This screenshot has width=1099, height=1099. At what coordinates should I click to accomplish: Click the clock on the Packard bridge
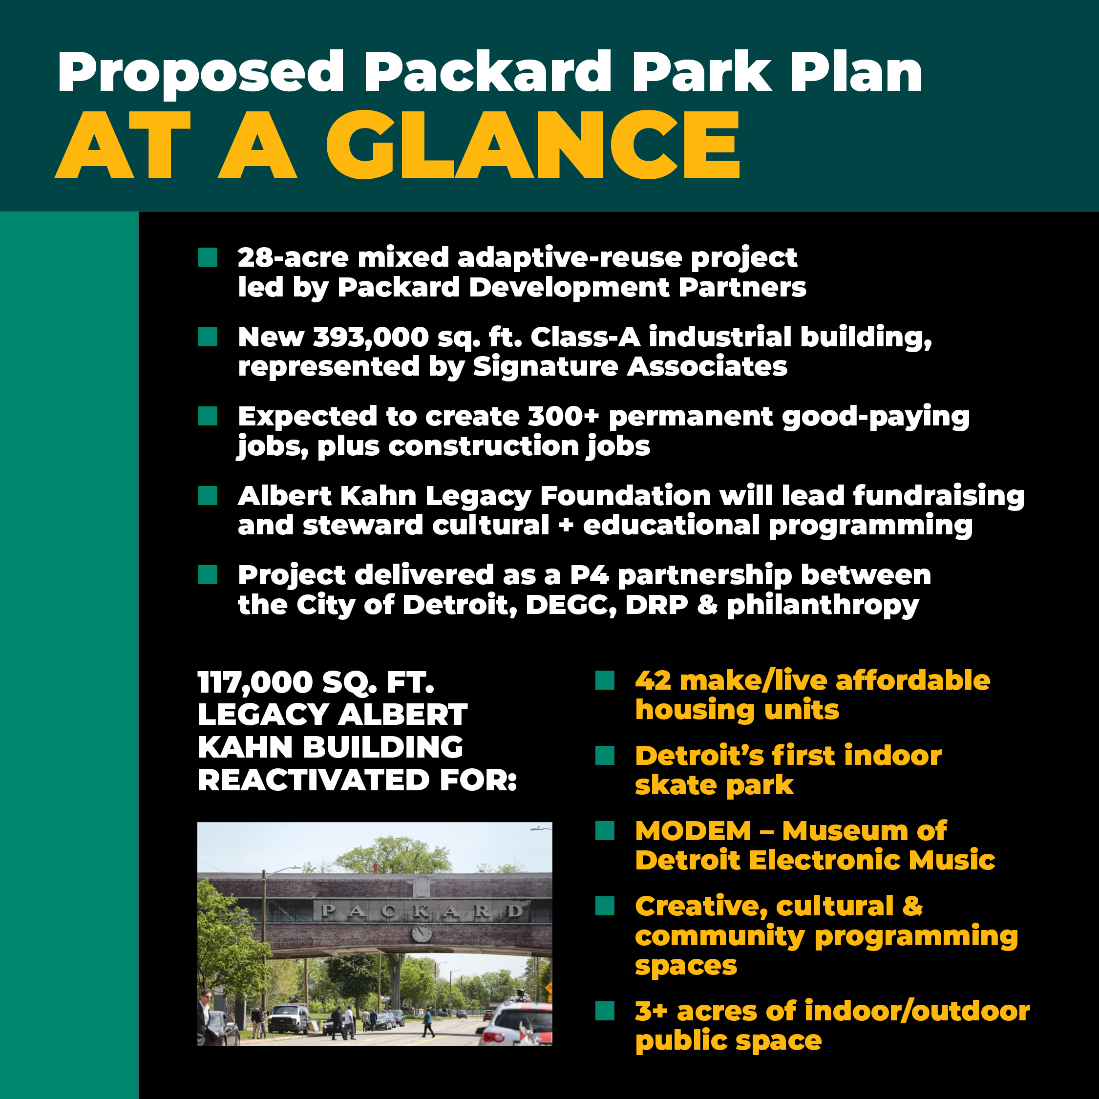[422, 933]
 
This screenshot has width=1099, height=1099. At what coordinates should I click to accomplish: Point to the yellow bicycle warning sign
[549, 989]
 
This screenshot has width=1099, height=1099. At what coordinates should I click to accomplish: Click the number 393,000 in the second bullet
[371, 338]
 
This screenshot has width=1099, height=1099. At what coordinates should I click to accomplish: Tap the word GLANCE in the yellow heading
[532, 145]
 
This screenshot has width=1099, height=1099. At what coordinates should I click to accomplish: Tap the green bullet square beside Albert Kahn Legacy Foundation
[208, 495]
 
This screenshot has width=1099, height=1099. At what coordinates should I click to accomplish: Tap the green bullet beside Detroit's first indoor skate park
[605, 756]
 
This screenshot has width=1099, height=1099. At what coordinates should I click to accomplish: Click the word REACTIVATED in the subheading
[313, 780]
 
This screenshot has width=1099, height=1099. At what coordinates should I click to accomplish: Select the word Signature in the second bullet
[545, 366]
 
